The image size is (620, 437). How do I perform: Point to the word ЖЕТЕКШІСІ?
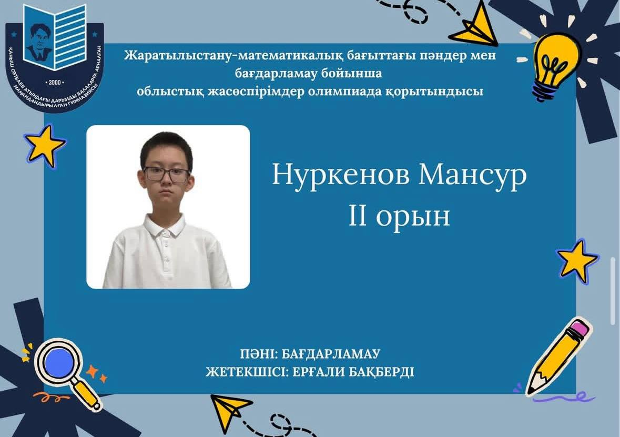pos(242,372)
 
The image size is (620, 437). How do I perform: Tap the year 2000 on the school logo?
pos(55,83)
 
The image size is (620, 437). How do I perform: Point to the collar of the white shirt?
pos(165,226)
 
